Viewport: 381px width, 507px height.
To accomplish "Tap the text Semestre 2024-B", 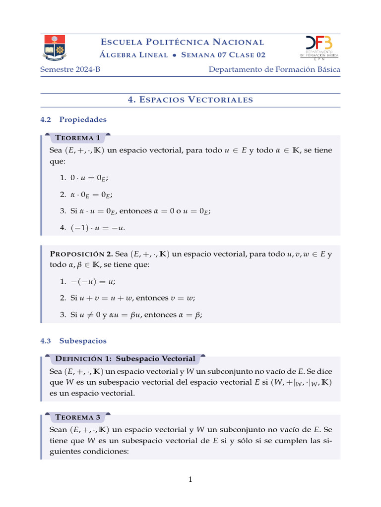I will pyautogui.click(x=70, y=69).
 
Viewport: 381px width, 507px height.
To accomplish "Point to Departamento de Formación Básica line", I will pyautogui.click(x=274, y=69).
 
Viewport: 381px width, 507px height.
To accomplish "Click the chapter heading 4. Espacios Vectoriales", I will pyautogui.click(x=190, y=100).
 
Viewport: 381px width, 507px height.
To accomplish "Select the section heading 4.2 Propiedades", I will pyautogui.click(x=73, y=119).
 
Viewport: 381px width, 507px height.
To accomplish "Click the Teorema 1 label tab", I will pyautogui.click(x=77, y=138).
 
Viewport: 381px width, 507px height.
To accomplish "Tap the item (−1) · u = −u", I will pyautogui.click(x=92, y=227).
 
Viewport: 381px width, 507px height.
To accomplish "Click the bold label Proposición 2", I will pyautogui.click(x=81, y=254).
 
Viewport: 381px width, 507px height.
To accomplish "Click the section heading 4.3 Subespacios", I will pyautogui.click(x=73, y=341).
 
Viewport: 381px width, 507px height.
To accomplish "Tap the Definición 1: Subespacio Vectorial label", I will pyautogui.click(x=125, y=358).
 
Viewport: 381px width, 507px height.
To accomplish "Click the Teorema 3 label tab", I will pyautogui.click(x=77, y=417).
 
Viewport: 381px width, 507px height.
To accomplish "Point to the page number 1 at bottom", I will pyautogui.click(x=190, y=479).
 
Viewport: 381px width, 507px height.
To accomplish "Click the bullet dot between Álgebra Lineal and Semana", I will pyautogui.click(x=175, y=55).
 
